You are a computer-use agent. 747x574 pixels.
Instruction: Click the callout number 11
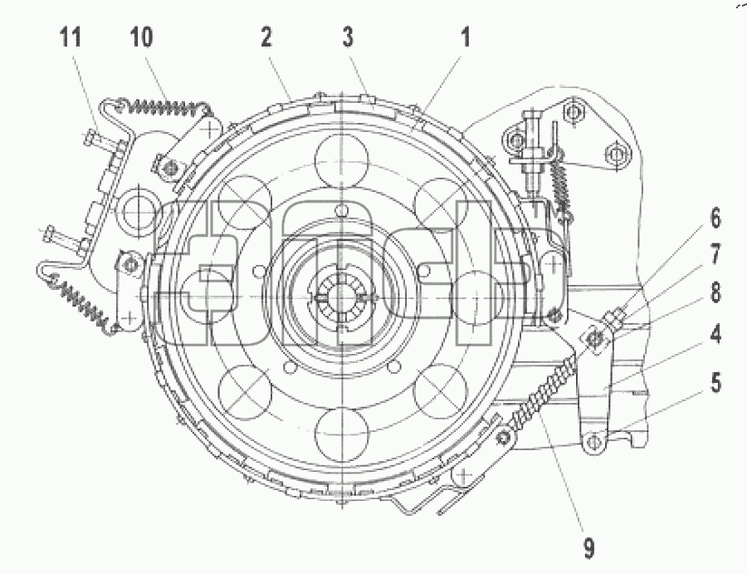(x=71, y=37)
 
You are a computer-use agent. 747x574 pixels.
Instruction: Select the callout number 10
(x=141, y=37)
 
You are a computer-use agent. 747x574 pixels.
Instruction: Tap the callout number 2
(x=266, y=37)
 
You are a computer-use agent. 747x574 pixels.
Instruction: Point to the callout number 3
(x=349, y=37)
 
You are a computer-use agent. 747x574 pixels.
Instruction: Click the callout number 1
(x=466, y=37)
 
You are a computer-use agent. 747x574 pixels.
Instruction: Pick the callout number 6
(x=715, y=218)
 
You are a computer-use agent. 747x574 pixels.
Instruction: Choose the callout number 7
(x=715, y=254)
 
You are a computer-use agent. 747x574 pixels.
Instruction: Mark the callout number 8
(x=715, y=292)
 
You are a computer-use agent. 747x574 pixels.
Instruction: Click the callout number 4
(x=715, y=334)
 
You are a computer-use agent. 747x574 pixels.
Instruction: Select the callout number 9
(x=589, y=547)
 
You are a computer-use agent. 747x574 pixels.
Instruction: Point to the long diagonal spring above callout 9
(x=542, y=392)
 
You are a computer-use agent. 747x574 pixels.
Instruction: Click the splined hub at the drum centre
(x=341, y=298)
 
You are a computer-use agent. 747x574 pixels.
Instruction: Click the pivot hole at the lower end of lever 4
(x=592, y=443)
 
